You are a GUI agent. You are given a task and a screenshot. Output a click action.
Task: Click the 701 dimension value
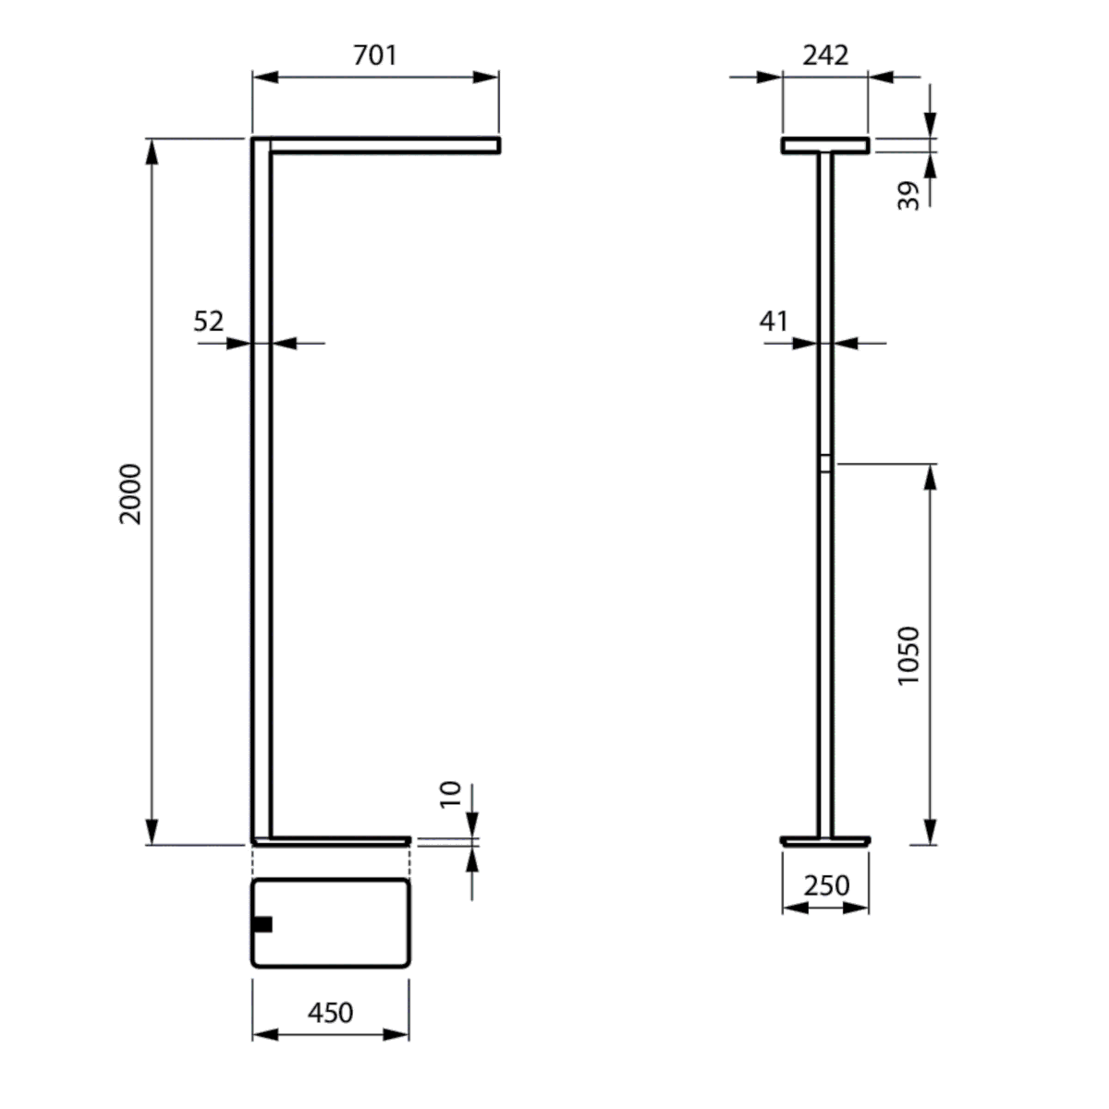click(x=375, y=55)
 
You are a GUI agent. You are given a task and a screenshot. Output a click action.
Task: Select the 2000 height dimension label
click(x=130, y=494)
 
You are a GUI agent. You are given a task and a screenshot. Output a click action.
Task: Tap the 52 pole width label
click(x=209, y=322)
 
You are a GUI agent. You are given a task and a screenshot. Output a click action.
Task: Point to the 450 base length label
click(x=330, y=1013)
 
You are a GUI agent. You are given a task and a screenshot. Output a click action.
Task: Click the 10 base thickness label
click(x=450, y=794)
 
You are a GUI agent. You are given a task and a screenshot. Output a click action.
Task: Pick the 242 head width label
click(x=825, y=55)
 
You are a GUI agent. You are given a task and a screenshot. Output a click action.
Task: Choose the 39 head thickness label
click(x=910, y=195)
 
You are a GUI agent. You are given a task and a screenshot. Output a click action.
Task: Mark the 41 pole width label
click(x=774, y=322)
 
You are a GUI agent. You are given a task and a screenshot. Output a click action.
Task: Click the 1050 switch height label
click(x=909, y=655)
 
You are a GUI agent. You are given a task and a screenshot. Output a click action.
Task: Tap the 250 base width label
click(x=825, y=885)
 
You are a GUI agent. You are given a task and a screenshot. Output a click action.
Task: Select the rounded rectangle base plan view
click(x=330, y=923)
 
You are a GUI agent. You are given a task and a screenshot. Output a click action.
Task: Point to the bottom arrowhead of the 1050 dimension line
click(x=931, y=831)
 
